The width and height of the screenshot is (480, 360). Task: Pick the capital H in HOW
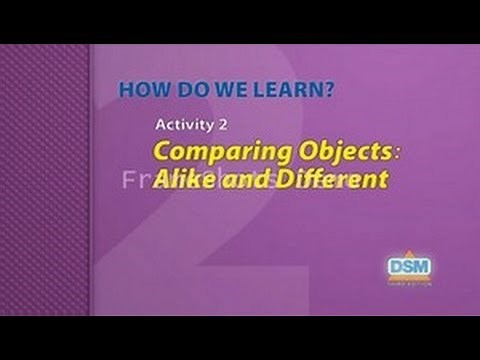click(x=127, y=90)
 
